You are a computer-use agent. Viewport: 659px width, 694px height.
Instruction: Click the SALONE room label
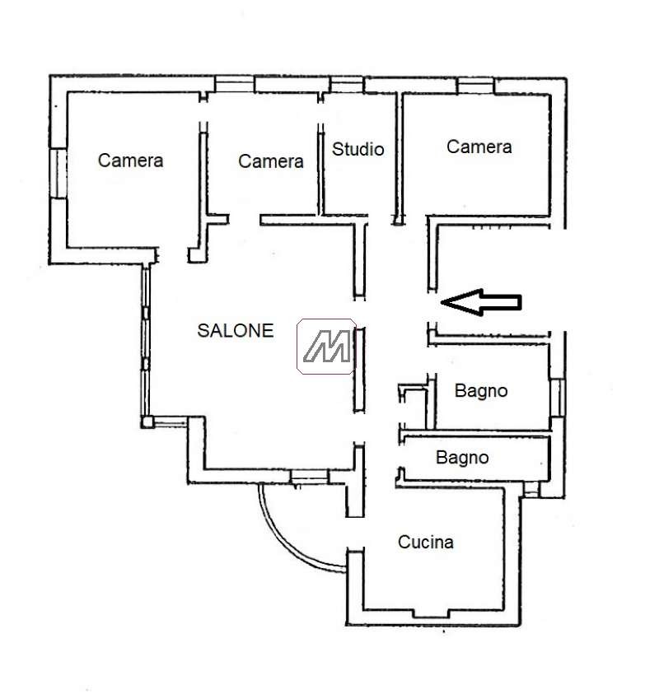[x=235, y=331]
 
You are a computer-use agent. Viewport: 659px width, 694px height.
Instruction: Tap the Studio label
[x=358, y=149]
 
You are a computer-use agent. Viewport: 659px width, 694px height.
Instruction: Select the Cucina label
[x=426, y=542]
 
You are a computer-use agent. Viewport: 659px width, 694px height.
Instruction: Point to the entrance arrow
[x=481, y=302]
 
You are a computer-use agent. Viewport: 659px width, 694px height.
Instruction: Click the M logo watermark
[x=326, y=346]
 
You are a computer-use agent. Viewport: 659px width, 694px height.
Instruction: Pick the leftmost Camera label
[x=130, y=161]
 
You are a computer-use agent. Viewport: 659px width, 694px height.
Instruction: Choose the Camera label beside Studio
[x=270, y=161]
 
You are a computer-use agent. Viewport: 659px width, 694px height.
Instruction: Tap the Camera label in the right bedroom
[x=479, y=147]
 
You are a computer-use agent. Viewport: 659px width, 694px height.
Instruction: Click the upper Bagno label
[x=481, y=391]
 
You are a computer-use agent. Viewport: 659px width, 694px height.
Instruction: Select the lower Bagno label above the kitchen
[x=462, y=458]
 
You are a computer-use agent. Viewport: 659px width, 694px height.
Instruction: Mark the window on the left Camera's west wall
[x=58, y=173]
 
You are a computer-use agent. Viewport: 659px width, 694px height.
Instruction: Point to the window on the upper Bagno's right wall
[x=557, y=397]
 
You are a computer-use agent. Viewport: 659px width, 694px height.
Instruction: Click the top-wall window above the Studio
[x=347, y=85]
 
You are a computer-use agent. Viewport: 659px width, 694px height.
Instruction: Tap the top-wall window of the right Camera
[x=475, y=86]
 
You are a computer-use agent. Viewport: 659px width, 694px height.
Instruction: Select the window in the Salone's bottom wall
[x=309, y=477]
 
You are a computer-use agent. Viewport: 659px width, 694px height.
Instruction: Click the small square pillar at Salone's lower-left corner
[x=147, y=422]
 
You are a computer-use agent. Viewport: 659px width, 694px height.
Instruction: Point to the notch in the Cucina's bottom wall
[x=431, y=613]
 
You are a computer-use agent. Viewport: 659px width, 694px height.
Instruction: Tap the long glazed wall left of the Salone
[x=146, y=340]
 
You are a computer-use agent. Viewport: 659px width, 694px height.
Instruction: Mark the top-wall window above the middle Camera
[x=234, y=84]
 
